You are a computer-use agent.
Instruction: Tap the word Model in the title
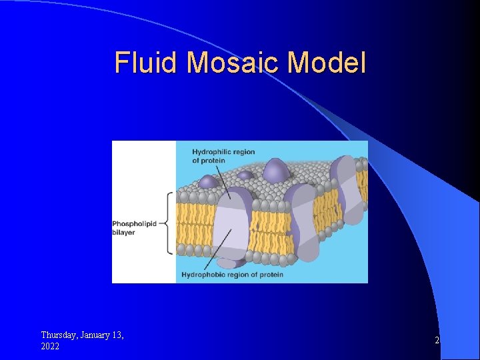328,63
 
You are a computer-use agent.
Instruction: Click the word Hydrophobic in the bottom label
203,275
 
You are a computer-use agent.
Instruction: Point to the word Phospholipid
134,224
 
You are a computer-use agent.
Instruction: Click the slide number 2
437,341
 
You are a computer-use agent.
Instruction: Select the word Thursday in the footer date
59,335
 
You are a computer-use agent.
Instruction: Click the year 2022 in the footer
50,347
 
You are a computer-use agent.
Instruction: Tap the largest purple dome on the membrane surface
275,171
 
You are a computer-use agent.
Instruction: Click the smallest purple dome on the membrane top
245,175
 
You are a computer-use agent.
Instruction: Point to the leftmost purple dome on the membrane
210,181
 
